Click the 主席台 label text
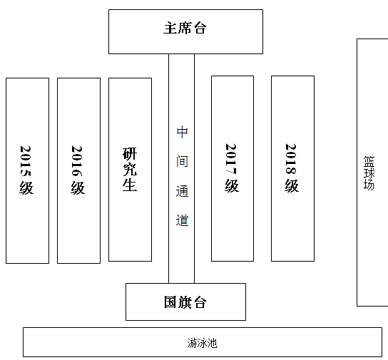coord(185,28)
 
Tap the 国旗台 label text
coord(185,302)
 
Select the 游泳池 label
coord(202,343)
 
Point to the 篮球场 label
coord(369,173)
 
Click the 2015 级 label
coord(26,170)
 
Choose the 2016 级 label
coord(78,170)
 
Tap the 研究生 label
coord(130,170)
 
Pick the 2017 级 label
coord(232,168)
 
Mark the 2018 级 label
coord(292,168)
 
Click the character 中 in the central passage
coord(182,133)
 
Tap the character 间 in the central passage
coord(182,161)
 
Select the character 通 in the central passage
coord(182,191)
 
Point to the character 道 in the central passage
coord(182,220)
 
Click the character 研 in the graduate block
coord(130,154)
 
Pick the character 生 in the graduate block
coord(130,185)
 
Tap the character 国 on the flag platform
coord(170,302)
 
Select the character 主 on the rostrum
coord(170,28)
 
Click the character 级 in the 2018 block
coord(292,185)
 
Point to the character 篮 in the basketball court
coord(369,161)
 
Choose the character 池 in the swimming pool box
coord(212,343)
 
